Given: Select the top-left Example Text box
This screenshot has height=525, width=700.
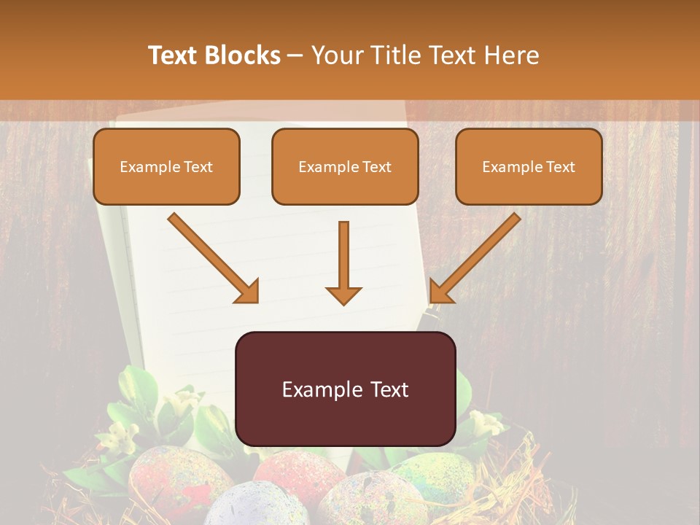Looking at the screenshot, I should (x=166, y=167).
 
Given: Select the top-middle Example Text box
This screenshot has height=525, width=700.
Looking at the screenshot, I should (x=345, y=167).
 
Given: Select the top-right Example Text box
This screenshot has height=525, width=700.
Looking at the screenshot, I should (x=529, y=167).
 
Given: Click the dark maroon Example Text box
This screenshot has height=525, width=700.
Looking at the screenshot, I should (x=345, y=389).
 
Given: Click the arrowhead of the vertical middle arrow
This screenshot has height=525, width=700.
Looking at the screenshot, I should (x=343, y=295).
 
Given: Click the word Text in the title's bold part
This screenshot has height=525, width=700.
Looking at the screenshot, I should (x=173, y=55).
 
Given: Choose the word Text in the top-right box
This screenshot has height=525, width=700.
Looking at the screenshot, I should (x=561, y=167).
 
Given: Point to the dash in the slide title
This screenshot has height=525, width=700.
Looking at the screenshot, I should (x=295, y=55).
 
